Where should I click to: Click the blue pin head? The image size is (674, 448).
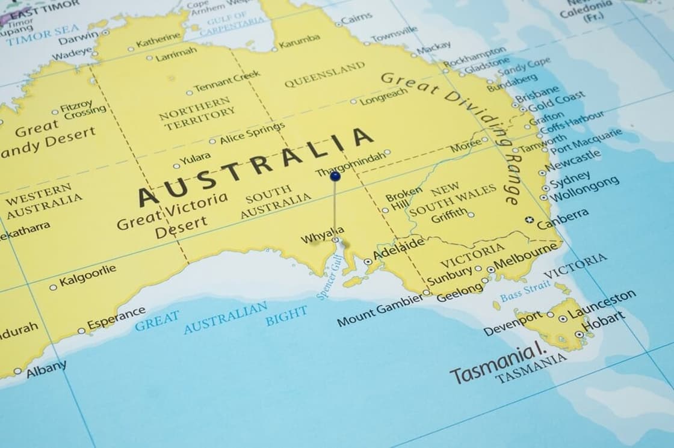point(335,176)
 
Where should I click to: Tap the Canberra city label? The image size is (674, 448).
point(563,219)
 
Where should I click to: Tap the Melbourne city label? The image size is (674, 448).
point(526,257)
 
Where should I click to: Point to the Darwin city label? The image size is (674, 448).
point(79,36)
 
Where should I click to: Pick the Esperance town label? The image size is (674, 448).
point(116,318)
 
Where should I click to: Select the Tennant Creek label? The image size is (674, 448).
point(227,81)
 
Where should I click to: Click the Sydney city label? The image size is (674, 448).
point(570,179)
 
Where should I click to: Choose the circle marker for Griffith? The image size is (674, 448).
point(471,215)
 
